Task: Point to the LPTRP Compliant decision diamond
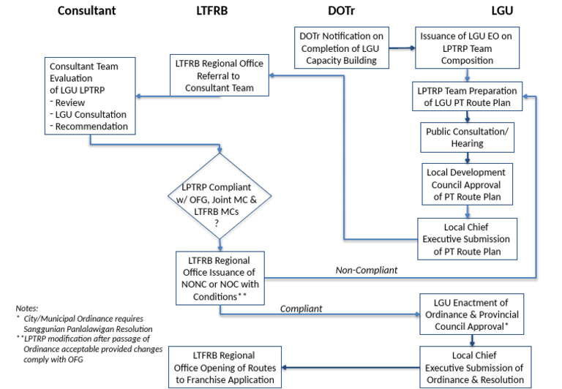(219, 195)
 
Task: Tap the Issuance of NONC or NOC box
(218, 278)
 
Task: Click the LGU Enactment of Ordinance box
(473, 312)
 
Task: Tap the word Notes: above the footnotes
(27, 309)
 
